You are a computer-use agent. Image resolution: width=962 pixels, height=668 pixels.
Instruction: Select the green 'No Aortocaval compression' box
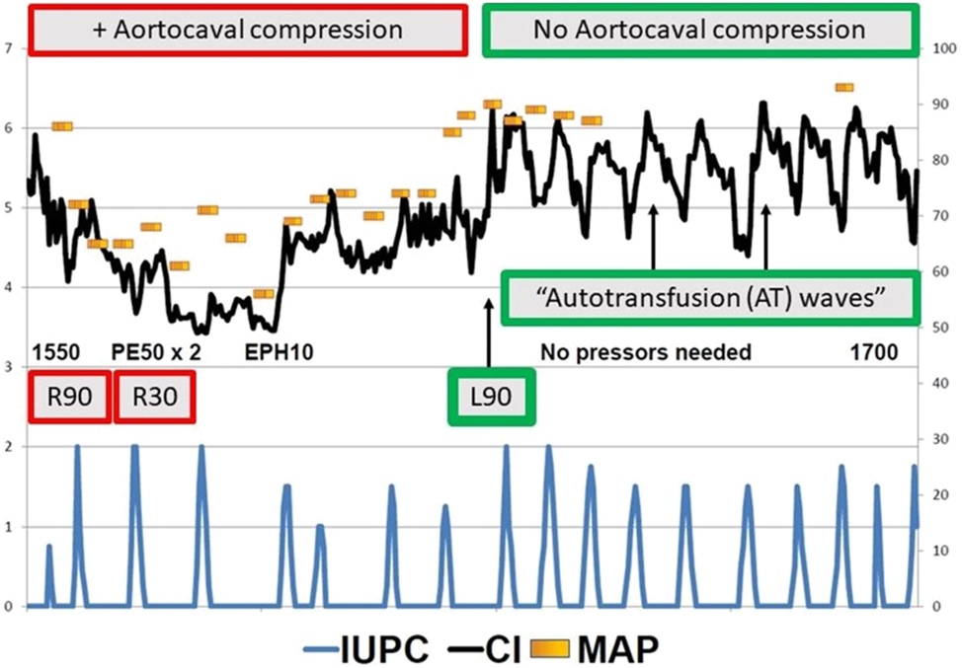(x=698, y=30)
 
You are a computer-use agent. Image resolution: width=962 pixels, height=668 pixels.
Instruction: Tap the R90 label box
(x=68, y=397)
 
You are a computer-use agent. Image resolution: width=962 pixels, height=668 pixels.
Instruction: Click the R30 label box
(x=154, y=397)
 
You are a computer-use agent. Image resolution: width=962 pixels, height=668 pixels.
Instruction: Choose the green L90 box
(x=491, y=398)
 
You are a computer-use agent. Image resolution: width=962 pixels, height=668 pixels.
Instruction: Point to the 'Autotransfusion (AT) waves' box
(x=705, y=297)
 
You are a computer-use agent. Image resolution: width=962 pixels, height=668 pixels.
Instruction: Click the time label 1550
(x=55, y=352)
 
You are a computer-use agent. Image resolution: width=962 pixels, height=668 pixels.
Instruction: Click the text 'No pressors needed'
(x=646, y=352)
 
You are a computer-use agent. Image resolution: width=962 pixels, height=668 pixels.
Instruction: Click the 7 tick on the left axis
(x=10, y=48)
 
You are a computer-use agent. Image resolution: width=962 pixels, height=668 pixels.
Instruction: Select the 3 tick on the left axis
(x=10, y=368)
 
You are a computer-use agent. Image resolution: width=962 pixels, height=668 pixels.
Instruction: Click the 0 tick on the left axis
(x=10, y=607)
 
